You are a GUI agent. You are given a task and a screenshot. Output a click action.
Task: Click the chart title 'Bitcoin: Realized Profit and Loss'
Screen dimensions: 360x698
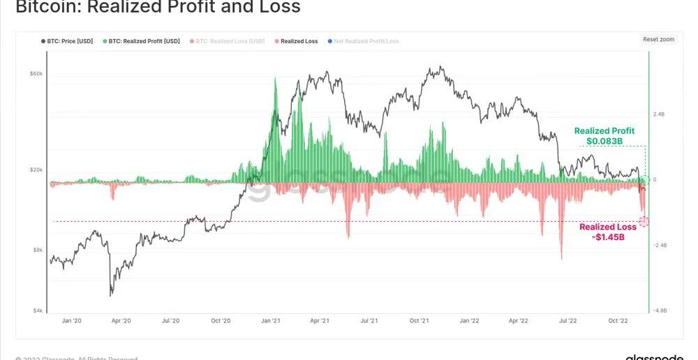click(158, 8)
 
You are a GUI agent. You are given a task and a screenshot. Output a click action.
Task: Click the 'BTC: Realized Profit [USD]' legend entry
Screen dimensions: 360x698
click(144, 41)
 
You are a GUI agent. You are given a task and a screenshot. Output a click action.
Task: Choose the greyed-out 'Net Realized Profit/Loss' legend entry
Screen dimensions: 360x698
click(366, 41)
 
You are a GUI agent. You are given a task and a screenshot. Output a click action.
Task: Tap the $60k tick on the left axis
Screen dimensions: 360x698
click(36, 73)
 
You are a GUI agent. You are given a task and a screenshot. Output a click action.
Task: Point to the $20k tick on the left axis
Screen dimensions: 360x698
click(36, 170)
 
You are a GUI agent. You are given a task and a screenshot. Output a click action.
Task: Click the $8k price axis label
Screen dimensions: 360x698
click(37, 250)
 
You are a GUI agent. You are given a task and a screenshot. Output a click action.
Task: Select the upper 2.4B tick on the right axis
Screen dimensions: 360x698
click(659, 114)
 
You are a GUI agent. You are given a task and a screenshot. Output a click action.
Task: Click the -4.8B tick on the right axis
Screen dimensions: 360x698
click(660, 310)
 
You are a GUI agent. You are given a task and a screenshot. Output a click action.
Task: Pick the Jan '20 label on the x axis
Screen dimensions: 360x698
click(71, 321)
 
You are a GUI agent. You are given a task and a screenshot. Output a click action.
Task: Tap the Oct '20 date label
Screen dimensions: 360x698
click(221, 321)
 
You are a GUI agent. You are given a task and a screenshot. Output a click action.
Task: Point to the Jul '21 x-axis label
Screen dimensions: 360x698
click(369, 321)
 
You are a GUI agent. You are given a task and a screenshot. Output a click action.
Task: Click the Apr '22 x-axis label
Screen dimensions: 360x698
click(518, 321)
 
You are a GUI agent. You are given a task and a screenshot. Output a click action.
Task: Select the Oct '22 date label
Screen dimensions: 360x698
click(618, 321)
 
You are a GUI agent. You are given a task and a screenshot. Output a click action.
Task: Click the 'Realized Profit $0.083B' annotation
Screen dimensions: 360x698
click(604, 136)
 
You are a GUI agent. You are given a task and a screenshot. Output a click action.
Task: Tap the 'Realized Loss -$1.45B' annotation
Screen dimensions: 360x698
click(608, 232)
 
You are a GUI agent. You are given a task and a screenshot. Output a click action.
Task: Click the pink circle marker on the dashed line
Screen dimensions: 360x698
click(644, 222)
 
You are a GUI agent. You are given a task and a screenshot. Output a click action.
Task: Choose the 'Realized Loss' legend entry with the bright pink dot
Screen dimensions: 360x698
click(299, 41)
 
